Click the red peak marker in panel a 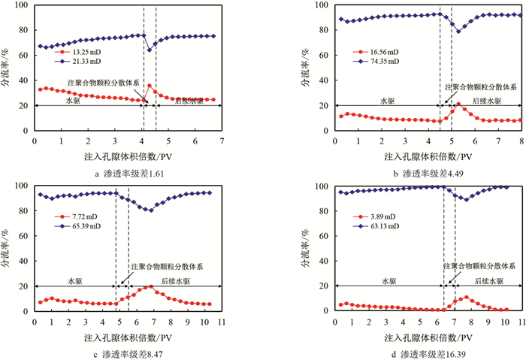tap(150, 86)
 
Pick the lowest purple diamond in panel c tap(151, 210)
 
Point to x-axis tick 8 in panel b tap(521, 141)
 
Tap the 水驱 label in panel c tap(73, 281)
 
